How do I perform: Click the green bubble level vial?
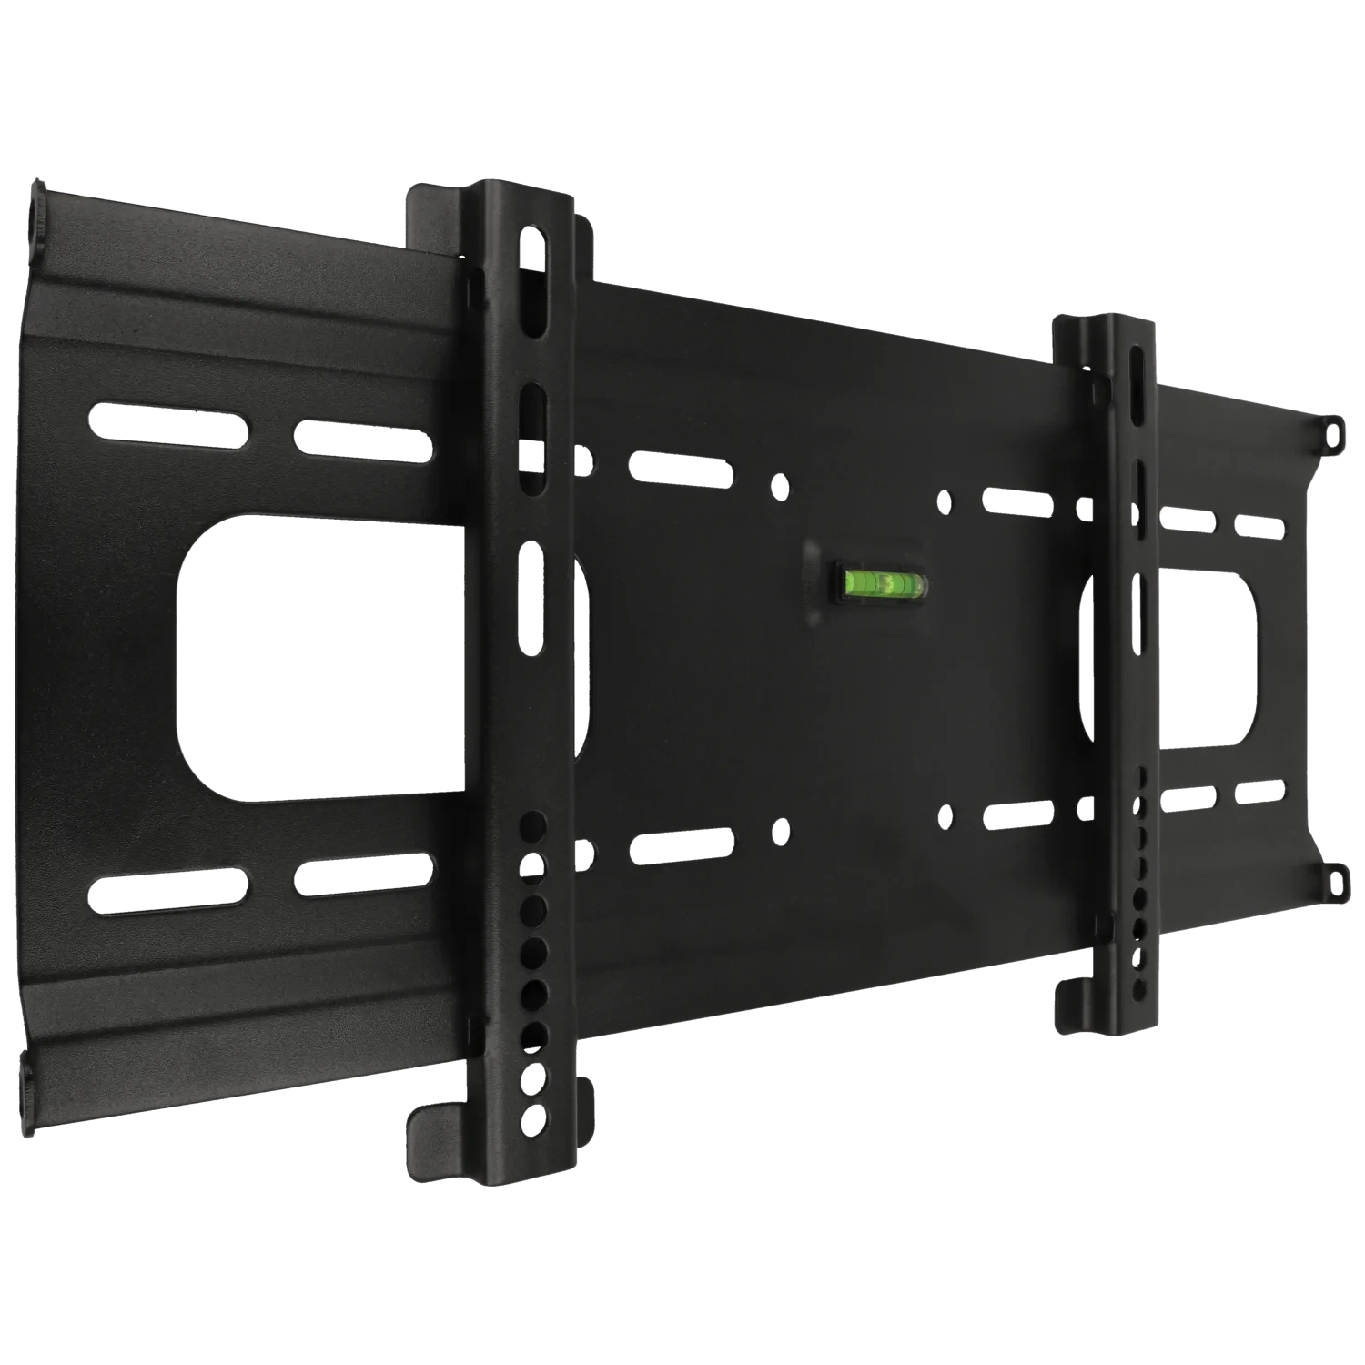click(879, 581)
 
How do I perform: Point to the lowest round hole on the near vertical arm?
click(531, 1116)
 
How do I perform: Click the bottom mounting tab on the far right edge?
click(1334, 879)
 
